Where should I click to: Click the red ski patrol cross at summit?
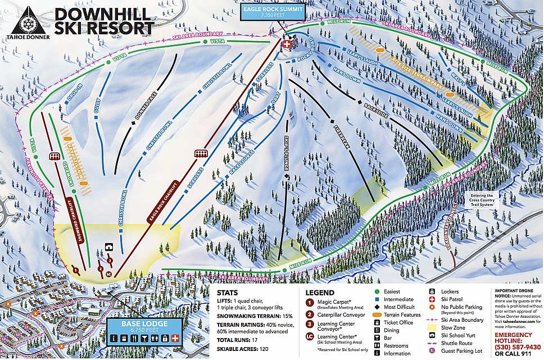pyautogui.click(x=288, y=44)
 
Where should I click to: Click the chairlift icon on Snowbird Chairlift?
pyautogui.click(x=55, y=156)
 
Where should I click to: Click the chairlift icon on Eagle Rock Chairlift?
pyautogui.click(x=201, y=153)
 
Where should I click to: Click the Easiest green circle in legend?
pyautogui.click(x=378, y=291)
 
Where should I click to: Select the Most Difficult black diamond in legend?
pyautogui.click(x=378, y=307)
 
